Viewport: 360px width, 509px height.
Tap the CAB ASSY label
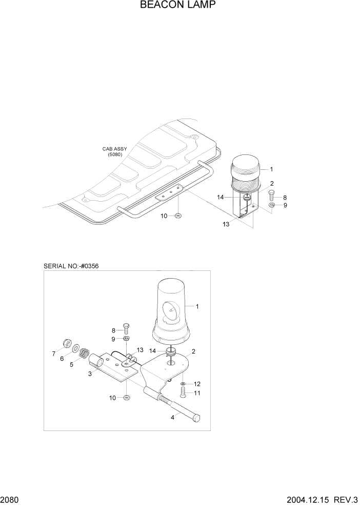114,149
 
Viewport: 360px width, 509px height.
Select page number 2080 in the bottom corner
11,500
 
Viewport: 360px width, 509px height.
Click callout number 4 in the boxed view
172,417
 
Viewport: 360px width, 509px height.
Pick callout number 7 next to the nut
53,353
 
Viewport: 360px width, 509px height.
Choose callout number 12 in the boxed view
197,383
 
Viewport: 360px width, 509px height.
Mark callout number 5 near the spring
71,365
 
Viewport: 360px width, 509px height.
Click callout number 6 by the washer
62,359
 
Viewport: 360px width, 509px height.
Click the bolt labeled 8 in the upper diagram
272,196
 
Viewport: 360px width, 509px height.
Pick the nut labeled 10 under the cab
178,216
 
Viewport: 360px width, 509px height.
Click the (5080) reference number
114,154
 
